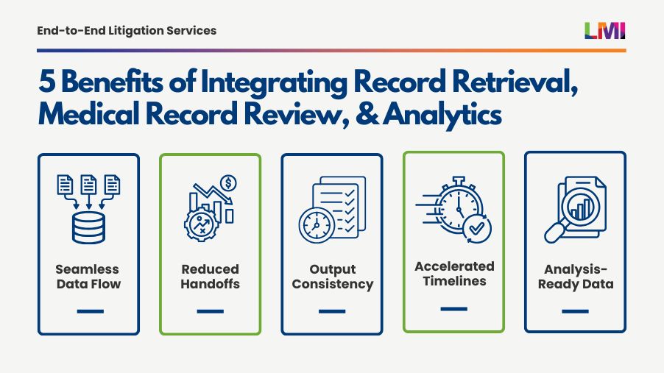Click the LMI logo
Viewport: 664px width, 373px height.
click(x=604, y=30)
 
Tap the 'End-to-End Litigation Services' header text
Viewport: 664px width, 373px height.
click(x=127, y=30)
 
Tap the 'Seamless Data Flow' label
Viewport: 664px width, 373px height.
click(x=88, y=277)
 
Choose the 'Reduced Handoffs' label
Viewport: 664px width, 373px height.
click(x=210, y=277)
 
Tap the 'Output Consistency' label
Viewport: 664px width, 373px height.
click(x=332, y=277)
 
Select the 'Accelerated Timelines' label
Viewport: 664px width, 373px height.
click(x=454, y=274)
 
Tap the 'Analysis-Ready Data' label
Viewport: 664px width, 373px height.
click(x=575, y=277)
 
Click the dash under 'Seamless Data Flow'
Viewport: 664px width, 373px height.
click(x=88, y=311)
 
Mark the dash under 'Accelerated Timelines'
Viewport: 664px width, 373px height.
click(x=454, y=308)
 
